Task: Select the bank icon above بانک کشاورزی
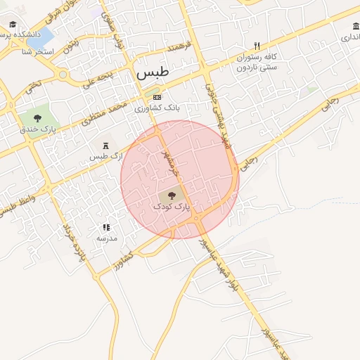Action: click(157, 97)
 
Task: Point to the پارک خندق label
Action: click(37, 129)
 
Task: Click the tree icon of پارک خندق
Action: click(37, 117)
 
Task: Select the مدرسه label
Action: click(106, 239)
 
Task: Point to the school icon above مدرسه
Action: click(106, 227)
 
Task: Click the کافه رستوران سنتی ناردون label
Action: click(257, 61)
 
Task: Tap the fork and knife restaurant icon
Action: click(257, 45)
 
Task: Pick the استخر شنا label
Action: click(36, 52)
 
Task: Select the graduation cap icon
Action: click(13, 25)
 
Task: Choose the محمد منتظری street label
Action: click(103, 113)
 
